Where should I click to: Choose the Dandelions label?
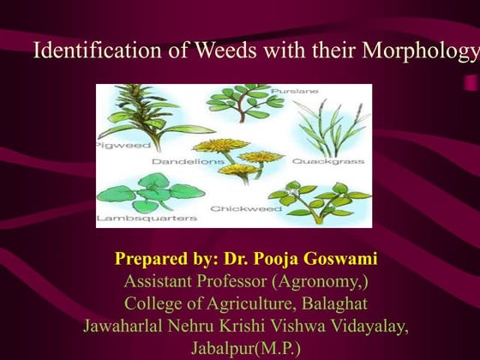[184, 160]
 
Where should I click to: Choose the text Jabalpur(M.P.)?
[239, 347]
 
